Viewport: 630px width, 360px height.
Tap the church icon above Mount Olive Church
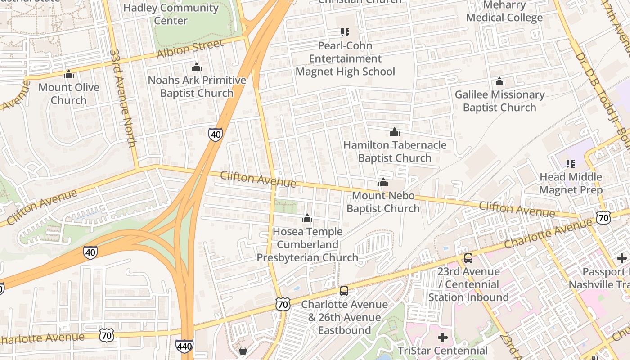[69, 74]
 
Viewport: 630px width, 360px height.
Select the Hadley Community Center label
[171, 14]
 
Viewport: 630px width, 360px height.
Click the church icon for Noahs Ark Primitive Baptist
[197, 67]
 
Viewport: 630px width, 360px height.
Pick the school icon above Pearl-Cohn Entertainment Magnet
[345, 32]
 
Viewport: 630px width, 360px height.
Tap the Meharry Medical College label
[504, 12]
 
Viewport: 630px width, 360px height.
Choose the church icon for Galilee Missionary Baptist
[499, 82]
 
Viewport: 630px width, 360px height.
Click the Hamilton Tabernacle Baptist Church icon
[395, 132]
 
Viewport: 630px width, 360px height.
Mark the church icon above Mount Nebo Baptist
[383, 183]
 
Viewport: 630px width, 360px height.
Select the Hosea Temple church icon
[307, 219]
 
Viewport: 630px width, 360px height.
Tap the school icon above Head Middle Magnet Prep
[571, 164]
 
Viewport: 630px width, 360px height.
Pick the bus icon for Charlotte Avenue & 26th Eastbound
[344, 291]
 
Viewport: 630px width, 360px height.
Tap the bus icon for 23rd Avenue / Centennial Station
[468, 258]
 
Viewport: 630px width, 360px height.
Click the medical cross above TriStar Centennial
[443, 337]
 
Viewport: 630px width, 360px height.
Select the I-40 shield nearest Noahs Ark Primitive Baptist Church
[216, 134]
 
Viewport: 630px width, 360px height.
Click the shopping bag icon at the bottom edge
[243, 351]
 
